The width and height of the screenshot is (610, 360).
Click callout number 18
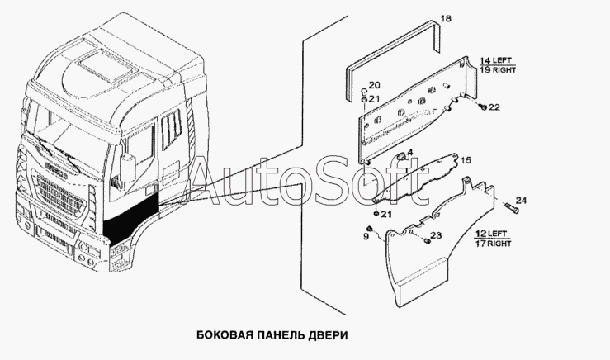click(446, 18)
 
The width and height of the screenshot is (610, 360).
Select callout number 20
click(374, 85)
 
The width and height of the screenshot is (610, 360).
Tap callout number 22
click(494, 107)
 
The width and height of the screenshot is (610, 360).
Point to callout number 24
click(521, 201)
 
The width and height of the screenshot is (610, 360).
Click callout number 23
click(437, 235)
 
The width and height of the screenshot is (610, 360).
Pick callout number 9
click(366, 236)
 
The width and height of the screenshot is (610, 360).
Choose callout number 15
click(466, 160)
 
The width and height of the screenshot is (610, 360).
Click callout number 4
click(409, 152)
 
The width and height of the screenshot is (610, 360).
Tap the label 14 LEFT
click(497, 61)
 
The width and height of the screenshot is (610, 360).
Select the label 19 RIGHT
click(497, 70)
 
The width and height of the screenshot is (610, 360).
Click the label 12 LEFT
click(492, 234)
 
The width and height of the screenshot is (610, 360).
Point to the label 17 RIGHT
click(493, 244)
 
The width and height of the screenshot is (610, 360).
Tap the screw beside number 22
click(483, 106)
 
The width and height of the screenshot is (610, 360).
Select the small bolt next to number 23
click(427, 242)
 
